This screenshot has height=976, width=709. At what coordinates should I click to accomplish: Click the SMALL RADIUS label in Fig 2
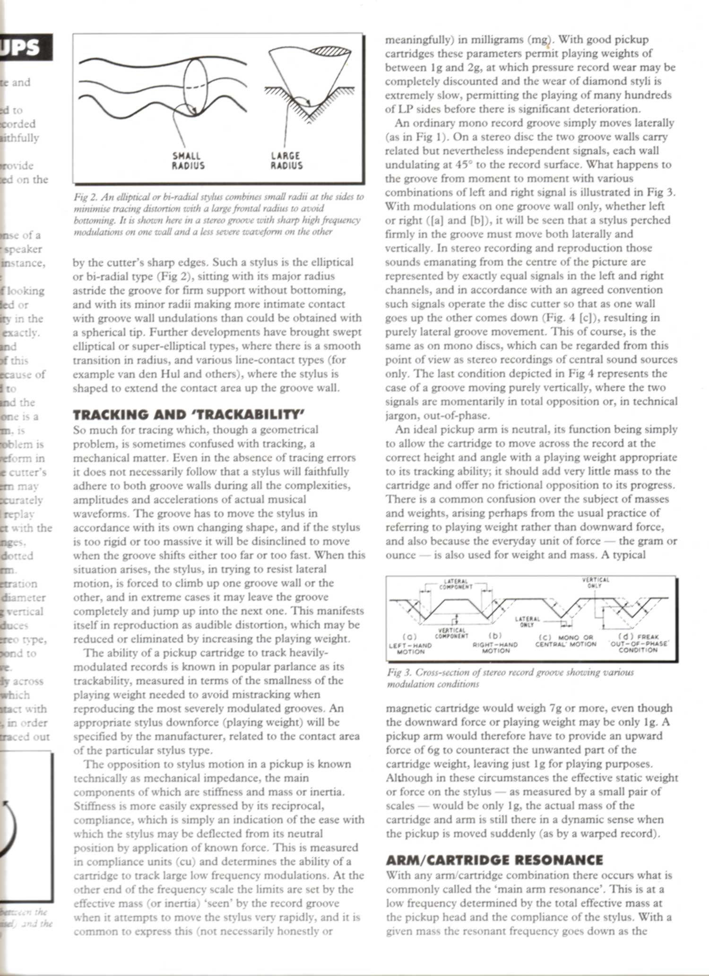click(x=188, y=160)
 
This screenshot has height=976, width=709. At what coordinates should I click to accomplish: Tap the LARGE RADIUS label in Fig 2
click(x=286, y=160)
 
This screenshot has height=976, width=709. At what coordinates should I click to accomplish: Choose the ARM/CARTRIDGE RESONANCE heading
click(x=494, y=860)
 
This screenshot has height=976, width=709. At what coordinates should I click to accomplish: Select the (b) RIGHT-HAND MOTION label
click(x=495, y=644)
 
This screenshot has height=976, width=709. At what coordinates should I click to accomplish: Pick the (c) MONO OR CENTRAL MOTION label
click(x=565, y=641)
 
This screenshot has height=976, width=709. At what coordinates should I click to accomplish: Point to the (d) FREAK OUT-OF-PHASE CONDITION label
click(x=638, y=643)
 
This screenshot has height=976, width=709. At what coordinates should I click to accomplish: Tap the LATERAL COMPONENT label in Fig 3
click(x=456, y=584)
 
